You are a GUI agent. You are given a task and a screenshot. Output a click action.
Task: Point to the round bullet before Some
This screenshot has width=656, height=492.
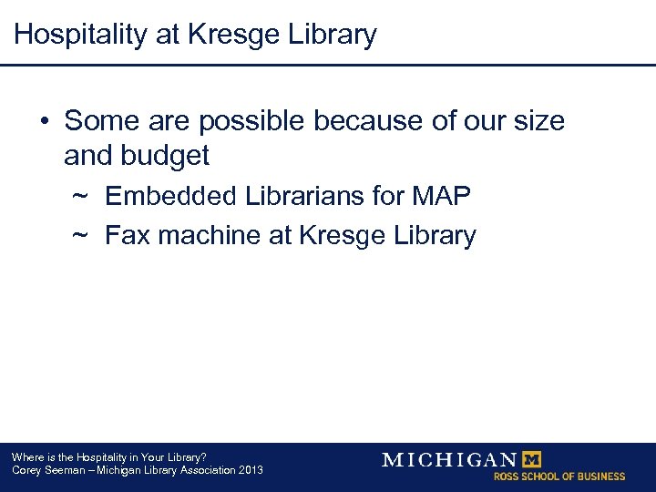click(x=44, y=121)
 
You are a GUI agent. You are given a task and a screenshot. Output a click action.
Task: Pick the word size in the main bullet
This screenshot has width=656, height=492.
click(x=538, y=121)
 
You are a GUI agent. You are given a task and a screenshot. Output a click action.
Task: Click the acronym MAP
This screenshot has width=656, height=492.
click(x=441, y=196)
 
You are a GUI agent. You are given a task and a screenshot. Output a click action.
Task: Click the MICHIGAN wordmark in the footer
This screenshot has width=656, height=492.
click(x=449, y=459)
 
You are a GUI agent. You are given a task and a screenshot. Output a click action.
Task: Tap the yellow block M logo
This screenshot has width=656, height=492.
click(x=529, y=459)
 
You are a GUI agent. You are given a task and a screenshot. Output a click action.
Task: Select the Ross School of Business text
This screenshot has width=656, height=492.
click(x=559, y=477)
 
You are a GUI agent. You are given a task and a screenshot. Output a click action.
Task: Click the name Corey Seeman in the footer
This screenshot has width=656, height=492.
click(x=47, y=470)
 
